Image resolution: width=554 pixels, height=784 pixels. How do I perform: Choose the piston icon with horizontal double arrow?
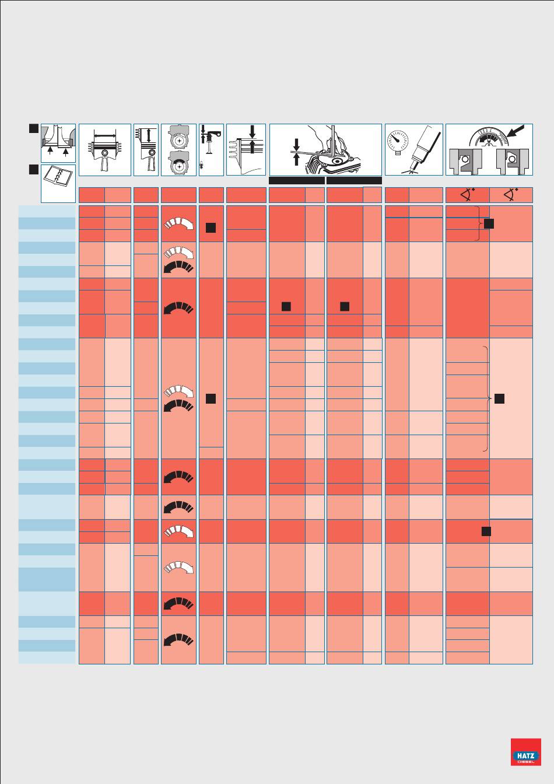[104, 150]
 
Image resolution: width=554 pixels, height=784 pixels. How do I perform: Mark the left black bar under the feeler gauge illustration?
[297, 181]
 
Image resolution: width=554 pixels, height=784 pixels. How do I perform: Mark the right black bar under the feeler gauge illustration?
[354, 181]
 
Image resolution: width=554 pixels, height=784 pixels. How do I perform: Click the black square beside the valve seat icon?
[34, 128]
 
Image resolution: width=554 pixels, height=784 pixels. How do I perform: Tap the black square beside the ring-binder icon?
[34, 169]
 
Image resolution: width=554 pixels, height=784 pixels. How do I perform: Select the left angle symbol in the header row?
[468, 195]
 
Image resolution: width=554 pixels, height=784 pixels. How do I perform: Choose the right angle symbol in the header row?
[511, 195]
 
